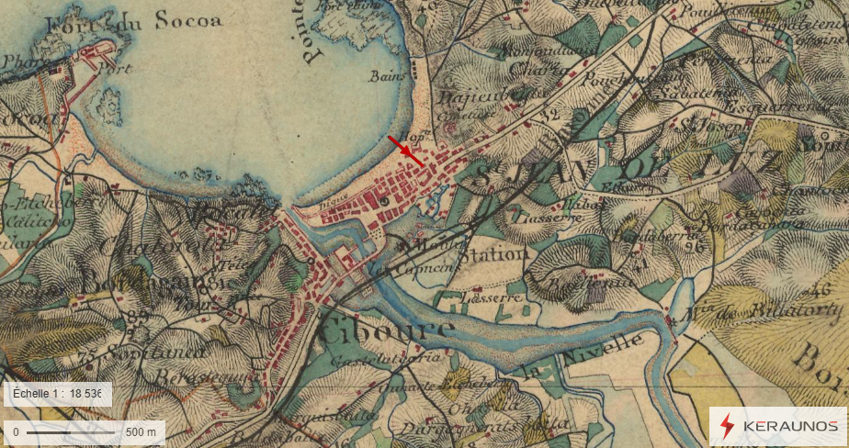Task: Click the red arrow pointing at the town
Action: click(x=405, y=151)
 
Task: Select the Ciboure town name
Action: click(x=385, y=330)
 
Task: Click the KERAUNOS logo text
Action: click(x=789, y=426)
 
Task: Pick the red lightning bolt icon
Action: click(x=728, y=426)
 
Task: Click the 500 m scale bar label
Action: click(x=140, y=431)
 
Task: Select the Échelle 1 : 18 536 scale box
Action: click(x=57, y=394)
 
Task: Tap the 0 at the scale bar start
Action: click(x=16, y=431)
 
